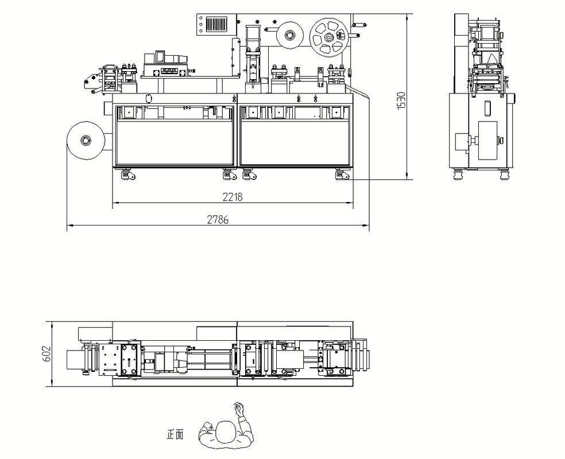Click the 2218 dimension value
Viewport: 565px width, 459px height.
pyautogui.click(x=233, y=197)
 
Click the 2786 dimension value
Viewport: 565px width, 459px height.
pyautogui.click(x=218, y=220)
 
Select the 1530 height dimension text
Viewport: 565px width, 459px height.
pyautogui.click(x=401, y=101)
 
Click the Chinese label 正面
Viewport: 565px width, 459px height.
pyautogui.click(x=175, y=434)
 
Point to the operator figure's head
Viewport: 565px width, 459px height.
pyautogui.click(x=226, y=431)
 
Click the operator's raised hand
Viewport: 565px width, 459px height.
pyautogui.click(x=238, y=409)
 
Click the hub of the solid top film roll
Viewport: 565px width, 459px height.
pyautogui.click(x=289, y=35)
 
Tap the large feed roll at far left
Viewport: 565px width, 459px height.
pyautogui.click(x=86, y=141)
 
